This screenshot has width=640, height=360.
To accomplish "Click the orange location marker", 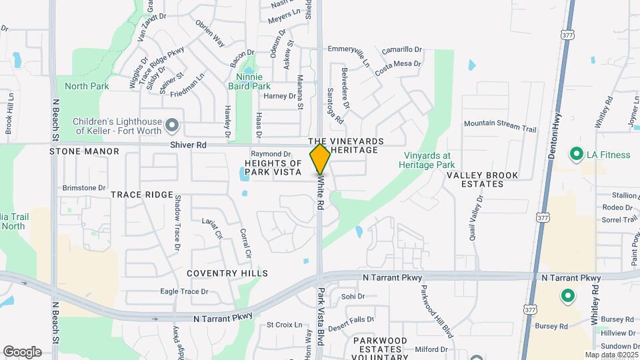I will (321, 159).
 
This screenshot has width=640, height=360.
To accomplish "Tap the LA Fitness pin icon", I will (576, 155).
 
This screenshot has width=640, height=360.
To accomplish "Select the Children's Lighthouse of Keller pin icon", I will (173, 125).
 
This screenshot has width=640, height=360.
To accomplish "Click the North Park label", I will (87, 86).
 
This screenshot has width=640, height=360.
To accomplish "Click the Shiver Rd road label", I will (188, 145).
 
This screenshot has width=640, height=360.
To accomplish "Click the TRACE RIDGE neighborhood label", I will (142, 194).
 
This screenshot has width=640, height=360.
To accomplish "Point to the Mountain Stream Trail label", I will (500, 123).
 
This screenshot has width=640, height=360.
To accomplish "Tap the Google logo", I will (22, 351).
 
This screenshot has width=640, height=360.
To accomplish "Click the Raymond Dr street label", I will (271, 153).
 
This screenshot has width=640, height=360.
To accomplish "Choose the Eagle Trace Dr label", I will (185, 291).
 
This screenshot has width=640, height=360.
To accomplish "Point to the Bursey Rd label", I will (554, 327).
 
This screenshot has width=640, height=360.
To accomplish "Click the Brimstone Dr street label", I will (84, 188).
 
